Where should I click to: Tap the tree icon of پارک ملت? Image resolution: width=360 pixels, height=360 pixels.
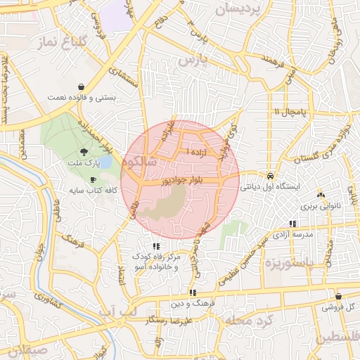pyautogui.click(x=84, y=151)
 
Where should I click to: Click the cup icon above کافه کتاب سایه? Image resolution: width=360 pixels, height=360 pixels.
pyautogui.click(x=93, y=179)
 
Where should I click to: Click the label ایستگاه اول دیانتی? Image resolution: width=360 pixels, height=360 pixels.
pyautogui.click(x=271, y=188)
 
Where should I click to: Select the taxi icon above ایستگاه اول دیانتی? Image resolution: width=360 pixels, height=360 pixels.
pyautogui.click(x=271, y=176)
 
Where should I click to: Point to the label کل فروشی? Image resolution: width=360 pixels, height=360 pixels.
pyautogui.click(x=339, y=308)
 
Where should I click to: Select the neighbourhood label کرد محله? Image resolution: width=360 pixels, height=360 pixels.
pyautogui.click(x=247, y=321)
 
